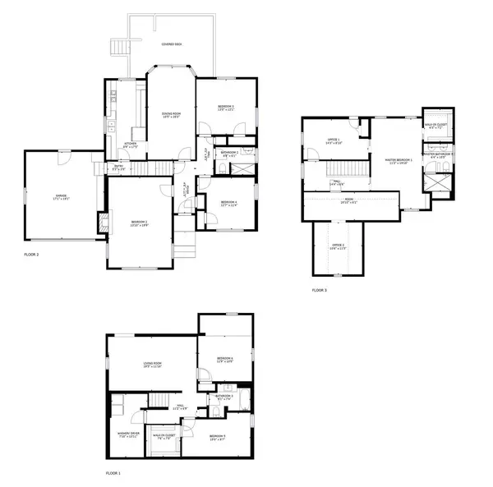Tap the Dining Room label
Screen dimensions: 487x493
click(170, 115)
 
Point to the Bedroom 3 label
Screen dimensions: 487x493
click(226, 108)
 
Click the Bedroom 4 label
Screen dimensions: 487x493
click(228, 204)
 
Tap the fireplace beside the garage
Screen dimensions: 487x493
click(101, 223)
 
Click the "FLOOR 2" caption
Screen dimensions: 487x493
click(31, 255)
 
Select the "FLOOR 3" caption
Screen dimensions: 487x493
click(319, 291)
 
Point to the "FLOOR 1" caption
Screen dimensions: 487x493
click(113, 474)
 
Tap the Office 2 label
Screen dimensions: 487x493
click(338, 246)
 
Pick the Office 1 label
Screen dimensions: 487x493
click(334, 140)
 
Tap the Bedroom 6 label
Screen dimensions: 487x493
click(226, 359)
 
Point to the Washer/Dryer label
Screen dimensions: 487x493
click(128, 434)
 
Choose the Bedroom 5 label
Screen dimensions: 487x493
click(218, 437)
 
